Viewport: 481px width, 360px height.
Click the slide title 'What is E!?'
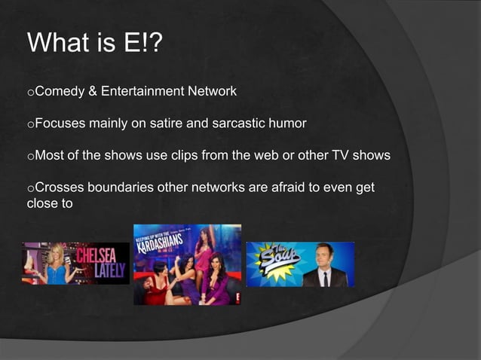click(93, 42)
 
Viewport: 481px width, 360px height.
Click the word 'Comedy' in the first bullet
click(60, 92)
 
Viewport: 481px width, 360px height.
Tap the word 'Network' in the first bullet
click(212, 92)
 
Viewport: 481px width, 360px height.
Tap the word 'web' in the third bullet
click(317, 157)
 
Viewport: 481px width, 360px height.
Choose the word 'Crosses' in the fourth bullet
click(61, 188)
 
